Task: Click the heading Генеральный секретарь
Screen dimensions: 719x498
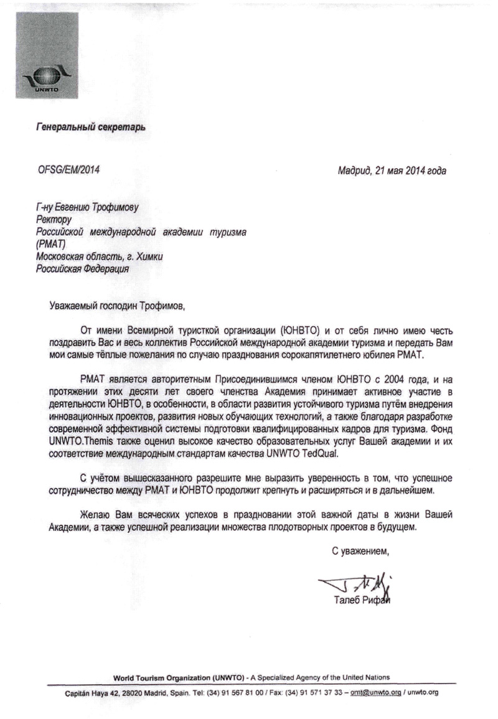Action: [x=90, y=128]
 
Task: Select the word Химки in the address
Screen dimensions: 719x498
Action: [x=148, y=257]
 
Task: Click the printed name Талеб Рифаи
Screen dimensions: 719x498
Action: [x=362, y=600]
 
